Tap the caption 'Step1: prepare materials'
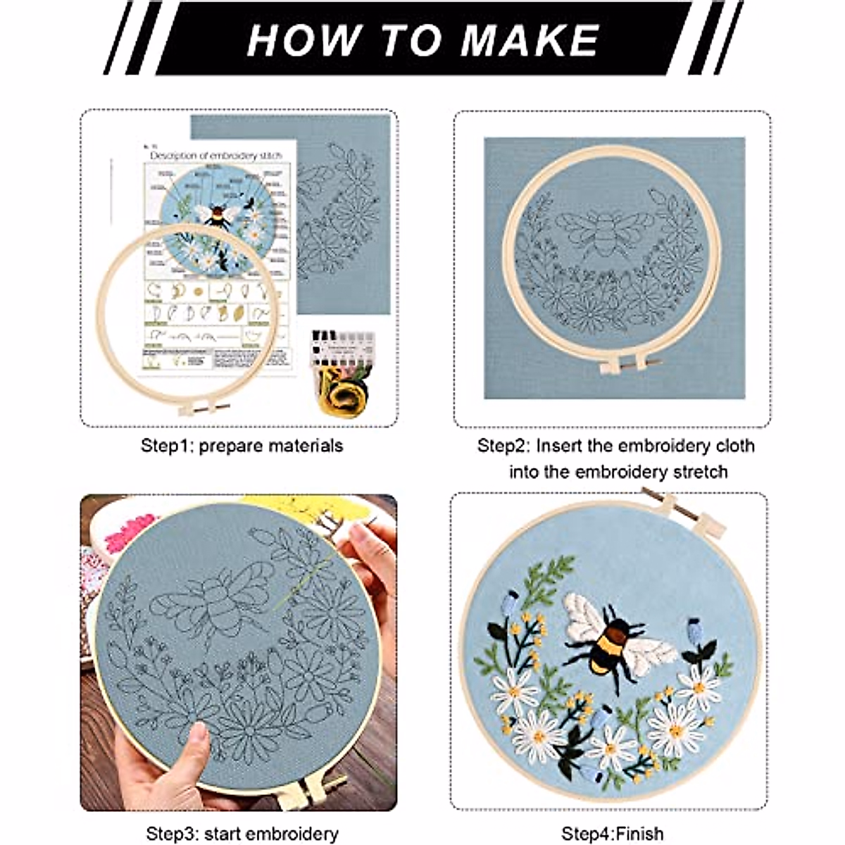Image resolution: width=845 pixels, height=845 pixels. point(242,446)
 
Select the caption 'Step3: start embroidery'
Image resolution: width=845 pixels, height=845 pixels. point(242,834)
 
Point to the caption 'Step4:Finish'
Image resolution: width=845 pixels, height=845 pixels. point(612,834)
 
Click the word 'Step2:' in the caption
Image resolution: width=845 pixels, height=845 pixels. point(503,446)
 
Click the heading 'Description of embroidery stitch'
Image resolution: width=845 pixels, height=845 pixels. point(215,155)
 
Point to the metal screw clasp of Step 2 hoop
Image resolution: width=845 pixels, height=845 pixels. point(623,365)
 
